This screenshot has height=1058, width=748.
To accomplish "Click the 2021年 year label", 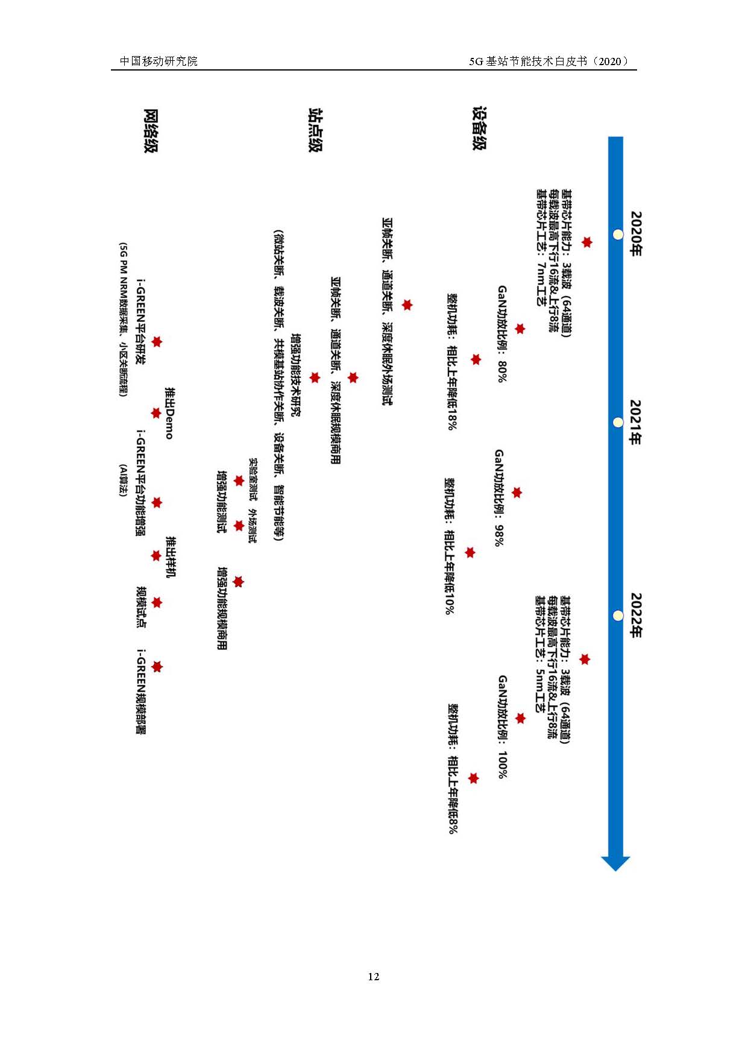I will point(636,422).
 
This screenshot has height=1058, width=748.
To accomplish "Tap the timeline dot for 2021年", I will point(617,423).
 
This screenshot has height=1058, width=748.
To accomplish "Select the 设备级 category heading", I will point(480,128).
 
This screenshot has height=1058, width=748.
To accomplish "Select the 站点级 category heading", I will point(316,130).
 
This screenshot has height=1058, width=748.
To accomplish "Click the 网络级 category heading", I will point(151,131).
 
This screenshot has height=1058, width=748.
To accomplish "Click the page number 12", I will point(374,976).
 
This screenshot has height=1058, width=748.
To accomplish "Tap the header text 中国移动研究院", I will point(159,61).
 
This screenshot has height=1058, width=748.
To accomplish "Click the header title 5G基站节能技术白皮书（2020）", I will point(549,61).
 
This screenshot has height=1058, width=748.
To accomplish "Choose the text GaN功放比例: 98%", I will point(500,497).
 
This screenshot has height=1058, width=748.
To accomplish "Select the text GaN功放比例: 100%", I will point(503,726).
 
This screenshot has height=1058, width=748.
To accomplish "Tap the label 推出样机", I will point(171,556).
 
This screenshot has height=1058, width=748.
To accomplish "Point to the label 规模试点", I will point(142,606).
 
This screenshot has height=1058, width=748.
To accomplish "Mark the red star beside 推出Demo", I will point(156,414).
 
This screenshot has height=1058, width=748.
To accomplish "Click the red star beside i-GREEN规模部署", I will point(157,667).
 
